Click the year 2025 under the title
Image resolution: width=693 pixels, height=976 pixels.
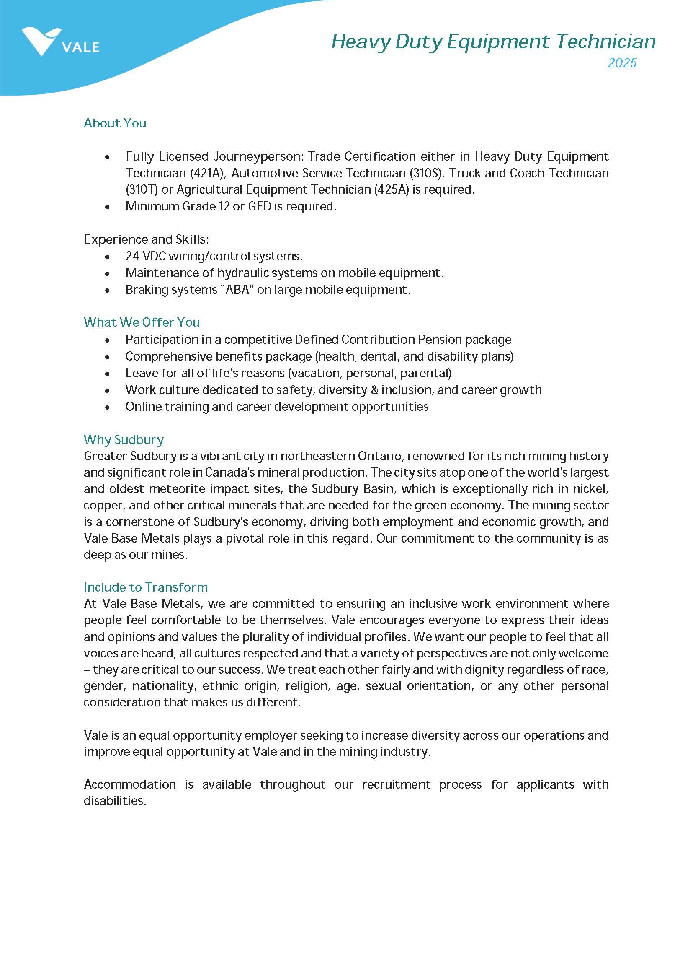(x=622, y=63)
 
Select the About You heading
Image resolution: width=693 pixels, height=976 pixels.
(x=115, y=123)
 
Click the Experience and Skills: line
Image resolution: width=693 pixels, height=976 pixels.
(x=147, y=239)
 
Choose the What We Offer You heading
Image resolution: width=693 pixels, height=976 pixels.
(x=142, y=322)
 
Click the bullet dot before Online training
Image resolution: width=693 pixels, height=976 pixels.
(x=107, y=407)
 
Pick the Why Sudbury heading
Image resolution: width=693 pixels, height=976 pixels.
(x=124, y=439)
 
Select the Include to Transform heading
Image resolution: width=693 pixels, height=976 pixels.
(x=146, y=587)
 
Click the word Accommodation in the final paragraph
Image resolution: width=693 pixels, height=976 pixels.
(x=130, y=784)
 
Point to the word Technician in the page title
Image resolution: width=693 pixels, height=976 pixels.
(x=605, y=42)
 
